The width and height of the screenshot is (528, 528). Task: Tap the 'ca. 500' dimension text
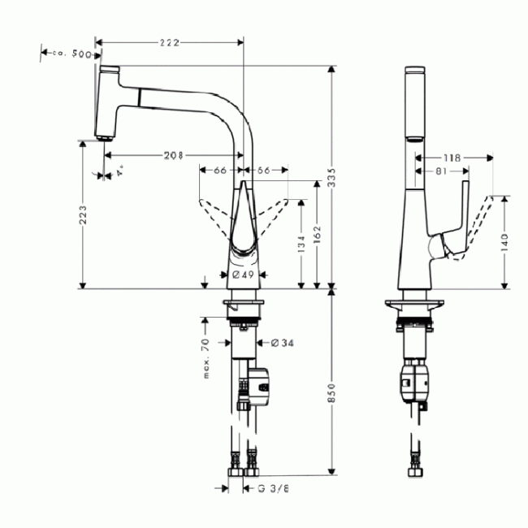tap(71, 54)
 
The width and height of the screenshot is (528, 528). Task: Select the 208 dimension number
tap(171, 155)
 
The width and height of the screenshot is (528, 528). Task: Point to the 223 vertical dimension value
tap(84, 215)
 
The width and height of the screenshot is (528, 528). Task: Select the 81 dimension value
tap(440, 171)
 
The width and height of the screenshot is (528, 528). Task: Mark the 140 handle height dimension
tap(506, 241)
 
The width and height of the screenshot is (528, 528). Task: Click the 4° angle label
tap(119, 173)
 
